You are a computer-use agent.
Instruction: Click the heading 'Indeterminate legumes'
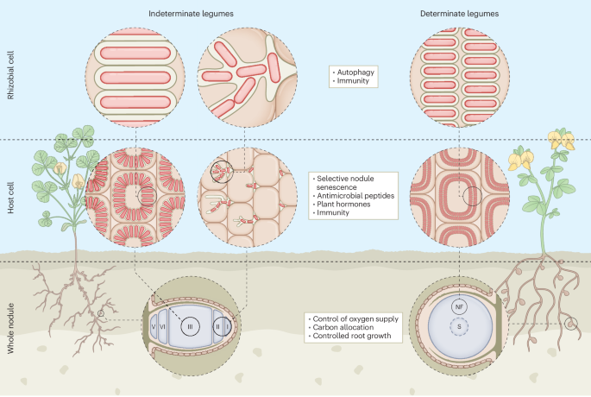click(x=190, y=15)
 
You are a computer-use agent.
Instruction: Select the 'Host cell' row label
click(x=11, y=200)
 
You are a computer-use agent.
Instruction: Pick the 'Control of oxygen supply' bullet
click(x=351, y=318)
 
